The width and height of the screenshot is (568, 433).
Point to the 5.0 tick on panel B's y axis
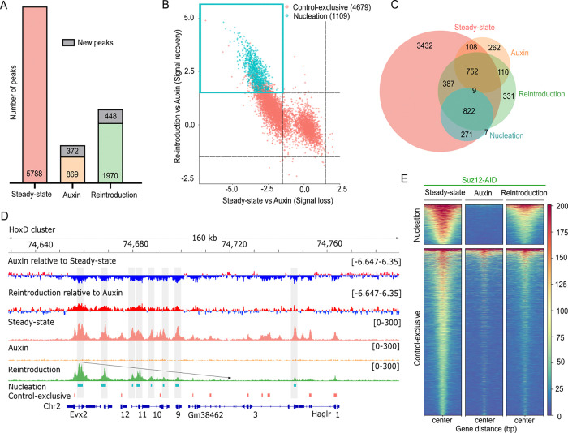click(183, 17)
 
